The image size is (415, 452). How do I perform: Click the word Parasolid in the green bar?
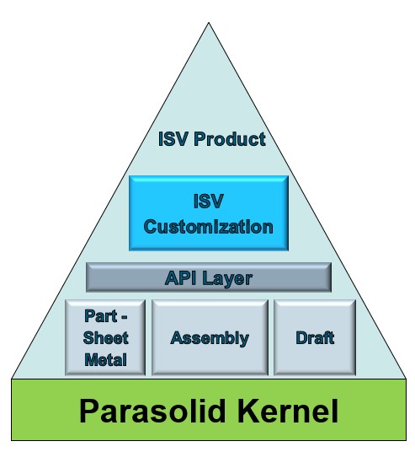(x=152, y=411)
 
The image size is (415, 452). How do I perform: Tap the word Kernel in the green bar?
(x=288, y=411)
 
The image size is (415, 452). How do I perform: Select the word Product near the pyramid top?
(x=230, y=139)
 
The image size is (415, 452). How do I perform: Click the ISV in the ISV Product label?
(x=173, y=139)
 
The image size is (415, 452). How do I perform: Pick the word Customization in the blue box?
(x=209, y=226)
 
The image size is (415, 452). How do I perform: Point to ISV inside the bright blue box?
(x=209, y=202)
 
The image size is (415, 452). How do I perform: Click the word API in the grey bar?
(x=180, y=278)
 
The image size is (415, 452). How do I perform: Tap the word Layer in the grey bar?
(x=227, y=279)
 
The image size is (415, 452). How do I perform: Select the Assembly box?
(x=210, y=337)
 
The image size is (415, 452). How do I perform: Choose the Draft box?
(x=315, y=337)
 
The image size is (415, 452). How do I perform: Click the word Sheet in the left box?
(x=105, y=338)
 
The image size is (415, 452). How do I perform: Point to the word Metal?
(x=105, y=360)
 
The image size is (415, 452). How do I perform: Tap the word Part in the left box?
(x=100, y=316)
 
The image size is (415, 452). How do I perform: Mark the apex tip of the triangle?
(x=209, y=23)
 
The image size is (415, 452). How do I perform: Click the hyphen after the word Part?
(x=124, y=317)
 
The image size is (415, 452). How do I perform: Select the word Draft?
(x=315, y=337)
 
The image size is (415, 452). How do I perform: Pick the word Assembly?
(x=210, y=338)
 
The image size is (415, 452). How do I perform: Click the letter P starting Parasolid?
(x=88, y=411)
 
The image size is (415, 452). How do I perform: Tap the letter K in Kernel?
(x=247, y=411)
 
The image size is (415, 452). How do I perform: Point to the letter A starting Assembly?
(x=177, y=337)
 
